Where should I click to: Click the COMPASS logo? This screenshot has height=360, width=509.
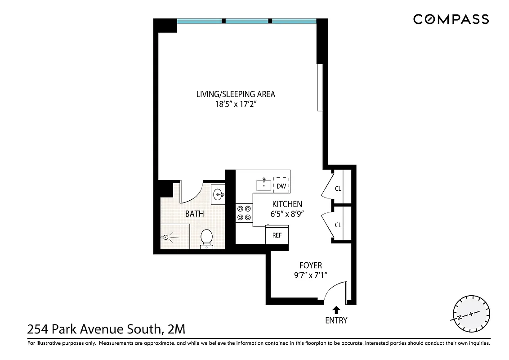[451, 19]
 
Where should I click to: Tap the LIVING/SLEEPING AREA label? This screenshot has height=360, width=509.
[236, 94]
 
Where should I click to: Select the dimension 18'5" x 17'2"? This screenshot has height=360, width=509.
[236, 104]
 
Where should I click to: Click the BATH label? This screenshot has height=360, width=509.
[194, 214]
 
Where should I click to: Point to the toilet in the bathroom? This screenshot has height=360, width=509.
[206, 238]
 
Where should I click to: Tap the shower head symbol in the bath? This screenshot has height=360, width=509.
[166, 236]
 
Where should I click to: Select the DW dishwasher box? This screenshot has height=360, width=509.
[281, 186]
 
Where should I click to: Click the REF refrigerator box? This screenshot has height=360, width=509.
[277, 235]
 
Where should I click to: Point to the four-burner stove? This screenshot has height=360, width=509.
[244, 213]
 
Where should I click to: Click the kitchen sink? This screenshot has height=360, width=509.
[263, 184]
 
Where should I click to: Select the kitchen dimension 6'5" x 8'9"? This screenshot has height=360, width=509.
[287, 214]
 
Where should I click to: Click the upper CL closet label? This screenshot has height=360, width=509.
[338, 189]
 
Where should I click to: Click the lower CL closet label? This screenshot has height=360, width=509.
[338, 225]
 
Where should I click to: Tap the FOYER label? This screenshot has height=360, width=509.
[311, 265]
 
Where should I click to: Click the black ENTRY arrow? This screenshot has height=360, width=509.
[336, 310]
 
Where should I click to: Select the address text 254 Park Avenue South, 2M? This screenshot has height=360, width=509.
[106, 330]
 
